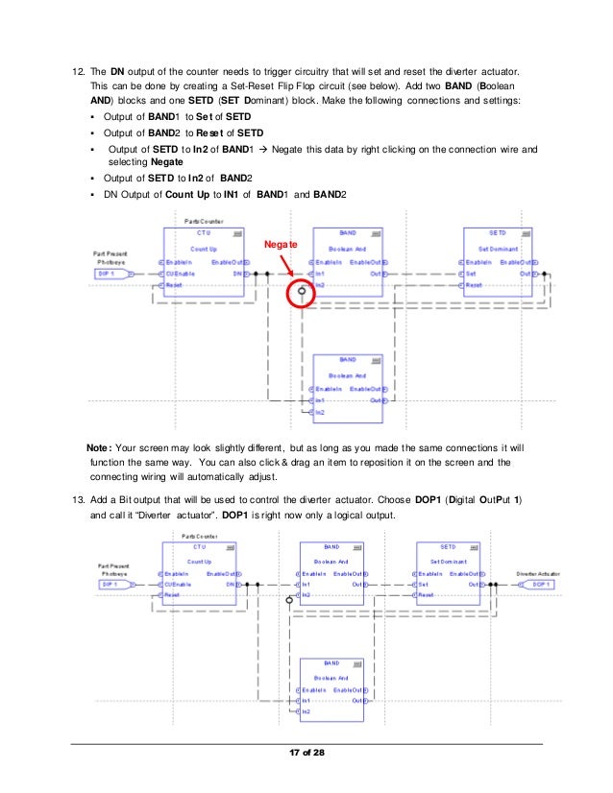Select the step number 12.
[65, 73]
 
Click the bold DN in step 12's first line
[117, 73]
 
